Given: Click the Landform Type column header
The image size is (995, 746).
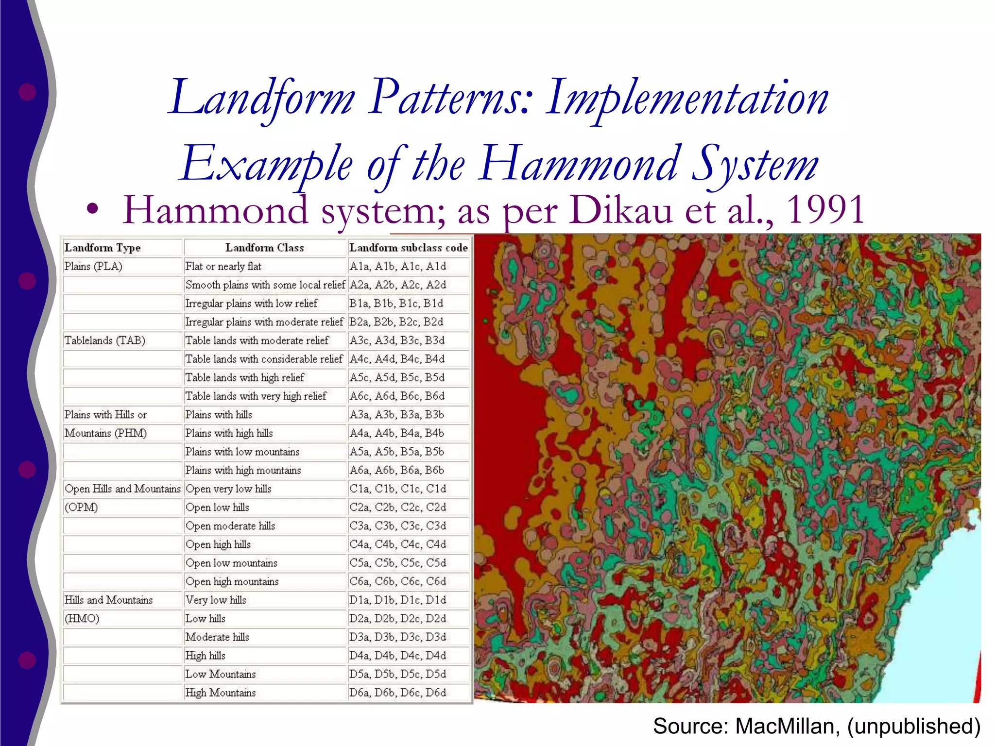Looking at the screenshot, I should coord(103,248).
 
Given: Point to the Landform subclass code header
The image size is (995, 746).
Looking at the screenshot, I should coord(408,248).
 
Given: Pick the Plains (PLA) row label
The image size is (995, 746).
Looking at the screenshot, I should coord(93,266).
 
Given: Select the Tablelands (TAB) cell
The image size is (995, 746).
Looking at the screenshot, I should coord(105,340).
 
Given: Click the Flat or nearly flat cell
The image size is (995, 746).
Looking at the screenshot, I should coord(223,266).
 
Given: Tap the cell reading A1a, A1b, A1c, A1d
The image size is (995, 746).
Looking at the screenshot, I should coord(397,266).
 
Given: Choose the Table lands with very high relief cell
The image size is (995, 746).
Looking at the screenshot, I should coord(256,396).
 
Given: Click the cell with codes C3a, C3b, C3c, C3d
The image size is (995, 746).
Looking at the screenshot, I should coord(397,526).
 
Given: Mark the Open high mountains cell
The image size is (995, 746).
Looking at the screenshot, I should coord(232,581).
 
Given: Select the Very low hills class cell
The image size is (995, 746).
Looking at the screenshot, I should coord(216,600).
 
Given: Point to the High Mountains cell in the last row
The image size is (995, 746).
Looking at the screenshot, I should coord(221,693).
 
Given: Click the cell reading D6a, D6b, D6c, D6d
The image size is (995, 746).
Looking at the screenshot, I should coord(397,693).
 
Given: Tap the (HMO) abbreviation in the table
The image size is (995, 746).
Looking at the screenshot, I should coord(82,619).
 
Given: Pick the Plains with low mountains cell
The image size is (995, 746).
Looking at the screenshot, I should coord(242,452).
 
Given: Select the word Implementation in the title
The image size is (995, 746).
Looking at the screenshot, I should coord(687,98).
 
